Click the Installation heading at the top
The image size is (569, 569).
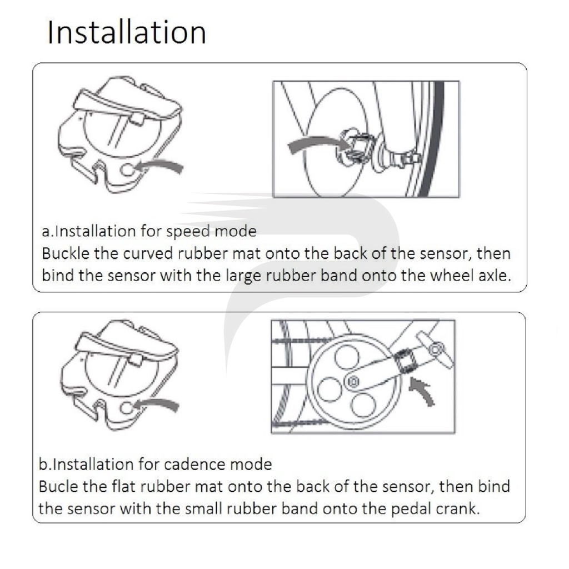(x=127, y=32)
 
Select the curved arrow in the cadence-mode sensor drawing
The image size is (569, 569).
(x=158, y=403)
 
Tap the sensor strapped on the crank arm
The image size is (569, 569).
(x=405, y=361)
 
